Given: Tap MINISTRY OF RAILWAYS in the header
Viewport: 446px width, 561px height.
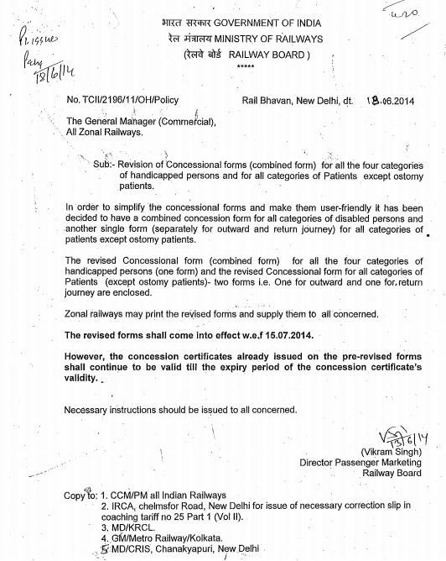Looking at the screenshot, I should [x=265, y=39].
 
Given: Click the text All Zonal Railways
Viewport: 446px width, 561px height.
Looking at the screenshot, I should [x=104, y=133].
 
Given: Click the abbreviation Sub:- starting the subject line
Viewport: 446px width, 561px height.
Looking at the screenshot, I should [x=109, y=165].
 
